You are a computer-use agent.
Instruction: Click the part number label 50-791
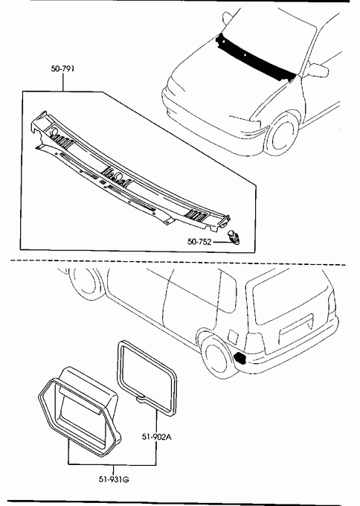[62, 68]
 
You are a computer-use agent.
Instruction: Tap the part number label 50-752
[199, 241]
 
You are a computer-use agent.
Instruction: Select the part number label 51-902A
[157, 437]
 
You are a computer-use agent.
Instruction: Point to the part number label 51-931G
[114, 479]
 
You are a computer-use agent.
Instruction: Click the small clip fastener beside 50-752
[234, 237]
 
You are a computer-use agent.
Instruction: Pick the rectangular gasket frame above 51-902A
[146, 377]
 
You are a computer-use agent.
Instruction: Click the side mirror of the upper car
[318, 70]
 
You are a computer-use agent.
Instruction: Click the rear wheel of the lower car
[216, 356]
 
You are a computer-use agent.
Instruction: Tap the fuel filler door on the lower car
[233, 336]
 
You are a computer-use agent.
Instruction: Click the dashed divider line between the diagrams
[178, 263]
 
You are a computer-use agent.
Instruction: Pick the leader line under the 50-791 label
[63, 82]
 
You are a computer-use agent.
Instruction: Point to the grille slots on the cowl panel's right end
[197, 214]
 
